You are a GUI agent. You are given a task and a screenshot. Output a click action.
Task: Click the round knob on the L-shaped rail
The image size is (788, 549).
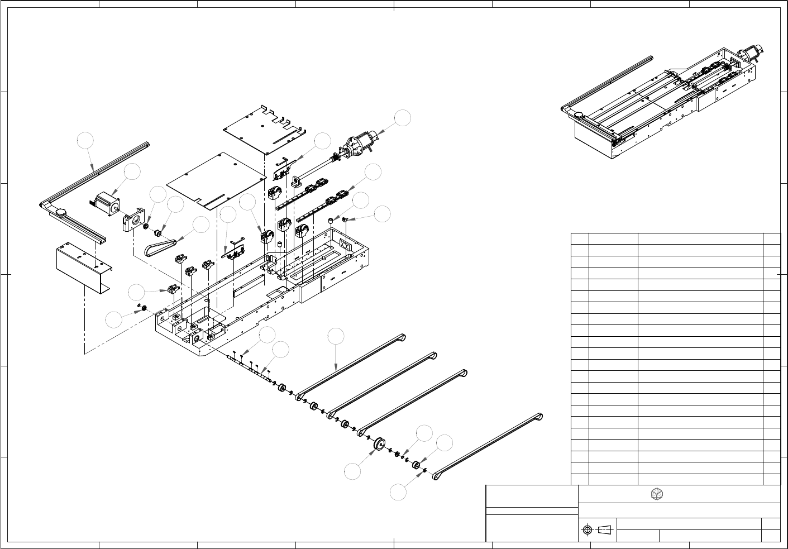pyautogui.click(x=60, y=211)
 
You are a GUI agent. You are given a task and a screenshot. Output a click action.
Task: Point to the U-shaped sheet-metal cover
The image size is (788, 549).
pyautogui.click(x=81, y=265)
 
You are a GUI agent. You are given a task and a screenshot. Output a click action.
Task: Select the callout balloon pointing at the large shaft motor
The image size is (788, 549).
pyautogui.click(x=402, y=118)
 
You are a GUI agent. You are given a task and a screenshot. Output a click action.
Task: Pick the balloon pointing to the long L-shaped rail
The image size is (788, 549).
pyautogui.click(x=85, y=141)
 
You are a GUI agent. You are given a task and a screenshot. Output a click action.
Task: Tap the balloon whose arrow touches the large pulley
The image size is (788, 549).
pyautogui.click(x=352, y=472)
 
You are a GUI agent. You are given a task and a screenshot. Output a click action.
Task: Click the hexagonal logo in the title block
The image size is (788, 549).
pyautogui.click(x=658, y=494)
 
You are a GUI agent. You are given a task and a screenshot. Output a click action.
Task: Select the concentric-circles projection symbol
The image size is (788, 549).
pyautogui.click(x=586, y=530)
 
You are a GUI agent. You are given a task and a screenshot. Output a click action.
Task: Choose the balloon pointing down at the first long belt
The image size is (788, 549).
pyautogui.click(x=336, y=336)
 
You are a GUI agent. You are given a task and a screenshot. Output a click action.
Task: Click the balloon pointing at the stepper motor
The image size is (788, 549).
pyautogui.click(x=132, y=172)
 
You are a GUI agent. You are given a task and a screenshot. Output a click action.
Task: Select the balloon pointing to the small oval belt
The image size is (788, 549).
pyautogui.click(x=201, y=225)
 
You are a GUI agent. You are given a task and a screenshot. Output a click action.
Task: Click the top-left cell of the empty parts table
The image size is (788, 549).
pyautogui.click(x=580, y=238)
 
